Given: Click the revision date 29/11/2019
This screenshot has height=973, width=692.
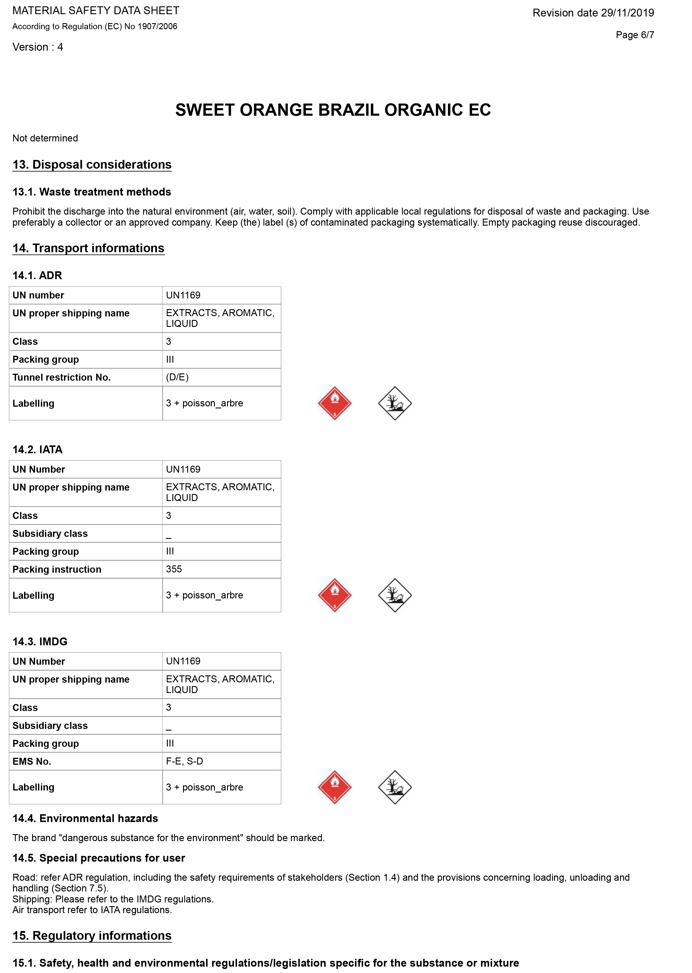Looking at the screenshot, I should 593,13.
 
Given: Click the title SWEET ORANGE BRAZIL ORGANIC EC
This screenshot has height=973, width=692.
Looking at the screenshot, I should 333,110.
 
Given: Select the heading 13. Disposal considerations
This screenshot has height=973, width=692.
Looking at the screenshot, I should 92,165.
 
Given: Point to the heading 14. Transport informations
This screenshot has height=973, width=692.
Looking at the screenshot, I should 88,248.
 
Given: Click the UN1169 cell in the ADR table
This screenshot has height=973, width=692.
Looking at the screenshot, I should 183,295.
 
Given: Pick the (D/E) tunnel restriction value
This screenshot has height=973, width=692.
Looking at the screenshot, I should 177,377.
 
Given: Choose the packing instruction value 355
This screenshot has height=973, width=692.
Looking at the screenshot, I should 174,569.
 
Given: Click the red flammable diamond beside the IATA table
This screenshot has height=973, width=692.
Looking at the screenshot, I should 335,595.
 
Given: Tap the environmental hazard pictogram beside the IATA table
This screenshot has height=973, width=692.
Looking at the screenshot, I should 394,595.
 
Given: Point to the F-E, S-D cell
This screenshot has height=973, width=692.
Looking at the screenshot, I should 184,761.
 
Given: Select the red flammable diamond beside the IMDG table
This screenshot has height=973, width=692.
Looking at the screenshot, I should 335,787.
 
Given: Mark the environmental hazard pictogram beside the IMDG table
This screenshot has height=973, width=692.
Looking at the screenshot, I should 394,787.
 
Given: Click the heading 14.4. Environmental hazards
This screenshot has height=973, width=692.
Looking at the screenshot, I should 85,818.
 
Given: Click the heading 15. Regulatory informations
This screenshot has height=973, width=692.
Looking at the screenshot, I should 92,935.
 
